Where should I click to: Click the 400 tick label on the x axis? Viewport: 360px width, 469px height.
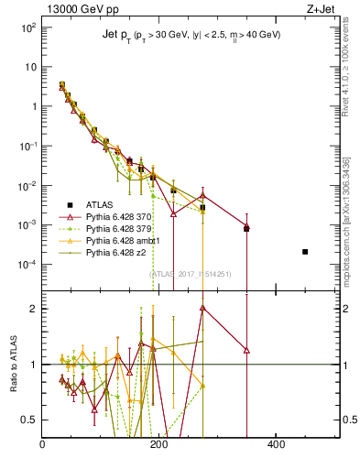pos(276,445)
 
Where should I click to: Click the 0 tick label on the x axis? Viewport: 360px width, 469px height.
pos(43,445)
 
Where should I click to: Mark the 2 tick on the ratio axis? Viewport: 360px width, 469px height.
pos(33,309)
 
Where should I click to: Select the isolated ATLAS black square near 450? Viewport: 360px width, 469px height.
pos(305,252)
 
